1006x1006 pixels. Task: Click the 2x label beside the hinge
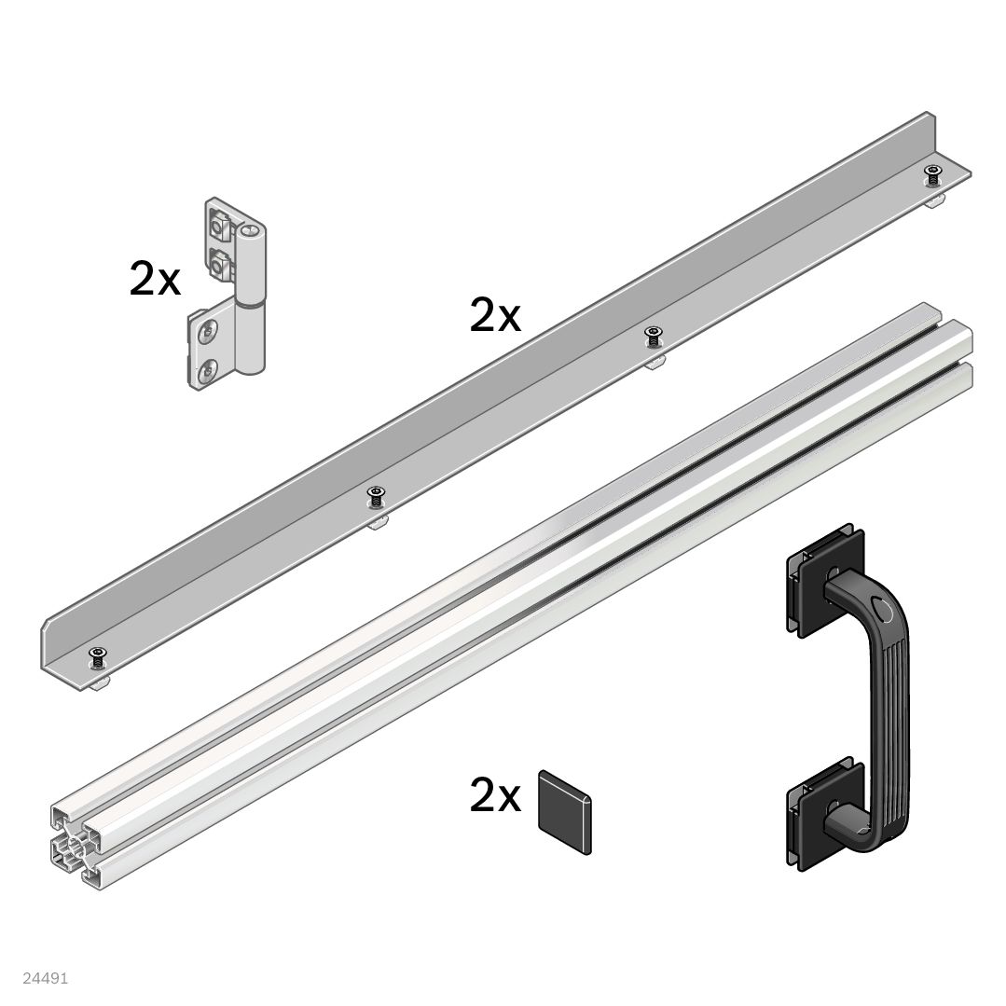point(155,279)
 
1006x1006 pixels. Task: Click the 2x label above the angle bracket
point(495,316)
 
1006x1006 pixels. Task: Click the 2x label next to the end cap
point(495,795)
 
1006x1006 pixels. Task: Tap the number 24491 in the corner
point(45,978)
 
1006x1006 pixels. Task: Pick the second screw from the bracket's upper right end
point(654,334)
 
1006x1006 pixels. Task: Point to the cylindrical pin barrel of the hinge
point(250,298)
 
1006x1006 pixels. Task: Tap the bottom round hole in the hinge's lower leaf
point(206,370)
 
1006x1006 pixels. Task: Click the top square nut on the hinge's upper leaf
point(222,225)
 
